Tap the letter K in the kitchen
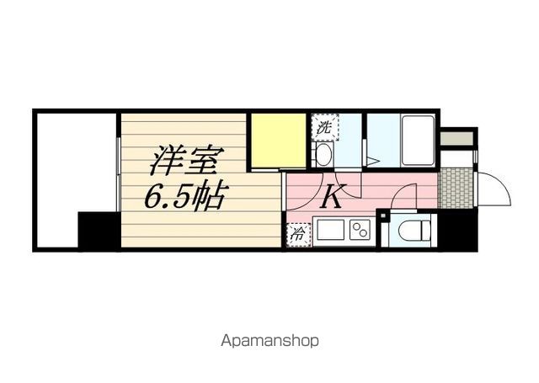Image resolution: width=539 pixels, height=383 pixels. pos(332,198)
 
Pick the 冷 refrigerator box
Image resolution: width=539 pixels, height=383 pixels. pos(298,235)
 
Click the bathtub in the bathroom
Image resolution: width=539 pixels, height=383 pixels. pos(417,141)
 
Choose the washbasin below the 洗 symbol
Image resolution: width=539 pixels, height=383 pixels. pos(323,154)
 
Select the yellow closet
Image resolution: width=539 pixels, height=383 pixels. pos(276,141)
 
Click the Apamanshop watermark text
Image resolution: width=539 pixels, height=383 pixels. pos(270,342)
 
